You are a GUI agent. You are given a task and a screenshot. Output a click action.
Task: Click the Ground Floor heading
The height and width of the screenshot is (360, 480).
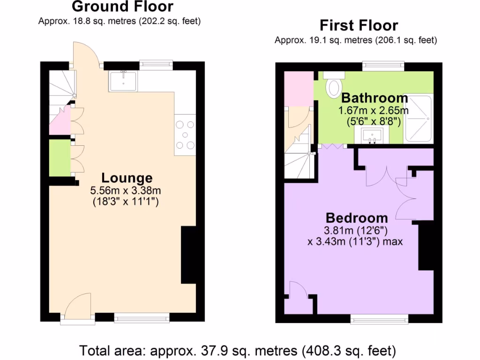pos(122,7)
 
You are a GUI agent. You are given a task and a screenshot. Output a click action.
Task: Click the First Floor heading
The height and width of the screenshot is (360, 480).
pos(359,25)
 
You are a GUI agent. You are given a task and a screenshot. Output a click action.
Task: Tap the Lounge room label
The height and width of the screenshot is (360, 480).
pos(127,178)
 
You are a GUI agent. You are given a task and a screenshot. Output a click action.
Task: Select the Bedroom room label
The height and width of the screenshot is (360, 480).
pos(357,218)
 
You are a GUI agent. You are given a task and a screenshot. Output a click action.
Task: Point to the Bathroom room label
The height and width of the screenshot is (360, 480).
pos(374,98)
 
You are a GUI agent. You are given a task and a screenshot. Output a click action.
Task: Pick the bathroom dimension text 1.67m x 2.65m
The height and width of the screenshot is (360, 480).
pos(374,111)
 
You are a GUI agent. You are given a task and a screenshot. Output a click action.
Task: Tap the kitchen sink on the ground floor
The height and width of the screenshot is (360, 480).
pos(123,81)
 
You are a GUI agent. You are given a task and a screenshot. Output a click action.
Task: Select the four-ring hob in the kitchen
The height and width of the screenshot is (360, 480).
pos(185,135)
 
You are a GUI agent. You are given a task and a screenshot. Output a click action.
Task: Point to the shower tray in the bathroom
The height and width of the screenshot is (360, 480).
pos(419,119)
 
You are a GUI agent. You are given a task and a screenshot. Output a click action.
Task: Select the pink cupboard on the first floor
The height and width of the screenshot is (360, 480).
pos(299,89)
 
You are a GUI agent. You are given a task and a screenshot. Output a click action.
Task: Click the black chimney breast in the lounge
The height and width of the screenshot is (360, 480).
pos(188,255)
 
